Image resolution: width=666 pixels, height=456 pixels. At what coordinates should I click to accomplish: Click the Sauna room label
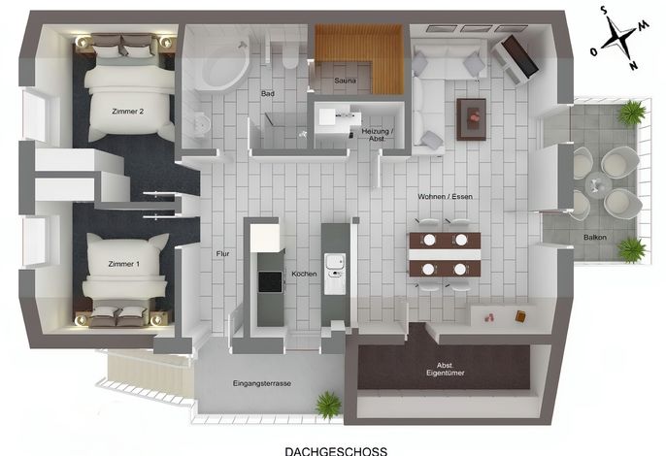[x=345, y=81]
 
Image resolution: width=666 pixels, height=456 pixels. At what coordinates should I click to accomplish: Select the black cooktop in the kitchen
[x=270, y=281]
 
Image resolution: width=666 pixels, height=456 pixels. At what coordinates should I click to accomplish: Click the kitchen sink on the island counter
[x=335, y=274]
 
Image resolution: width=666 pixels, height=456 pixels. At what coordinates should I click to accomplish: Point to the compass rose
[x=619, y=38]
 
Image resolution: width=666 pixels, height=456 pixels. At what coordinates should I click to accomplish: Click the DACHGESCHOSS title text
[x=336, y=451]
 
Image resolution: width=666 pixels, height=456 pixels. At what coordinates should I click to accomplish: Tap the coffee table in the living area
[x=471, y=119]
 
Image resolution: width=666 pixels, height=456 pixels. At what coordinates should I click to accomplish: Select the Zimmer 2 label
[x=128, y=112]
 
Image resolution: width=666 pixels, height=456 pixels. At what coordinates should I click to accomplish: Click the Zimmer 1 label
[x=123, y=264]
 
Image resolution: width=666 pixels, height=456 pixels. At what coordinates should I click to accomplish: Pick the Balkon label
[x=594, y=238]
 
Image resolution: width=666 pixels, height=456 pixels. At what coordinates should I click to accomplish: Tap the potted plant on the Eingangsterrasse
[x=329, y=406]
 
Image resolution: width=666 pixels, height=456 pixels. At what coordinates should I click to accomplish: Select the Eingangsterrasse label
[x=262, y=383]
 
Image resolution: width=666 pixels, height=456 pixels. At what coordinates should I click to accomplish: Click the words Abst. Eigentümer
[x=445, y=369]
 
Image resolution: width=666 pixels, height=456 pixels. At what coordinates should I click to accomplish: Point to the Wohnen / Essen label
[x=445, y=197]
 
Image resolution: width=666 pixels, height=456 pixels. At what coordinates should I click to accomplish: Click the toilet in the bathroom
[x=290, y=57]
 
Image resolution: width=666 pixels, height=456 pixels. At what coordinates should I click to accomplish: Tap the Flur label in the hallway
[x=222, y=254]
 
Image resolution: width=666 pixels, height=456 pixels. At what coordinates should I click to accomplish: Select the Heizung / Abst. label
[x=377, y=135]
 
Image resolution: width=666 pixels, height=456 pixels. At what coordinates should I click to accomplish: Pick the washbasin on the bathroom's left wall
[x=201, y=125]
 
